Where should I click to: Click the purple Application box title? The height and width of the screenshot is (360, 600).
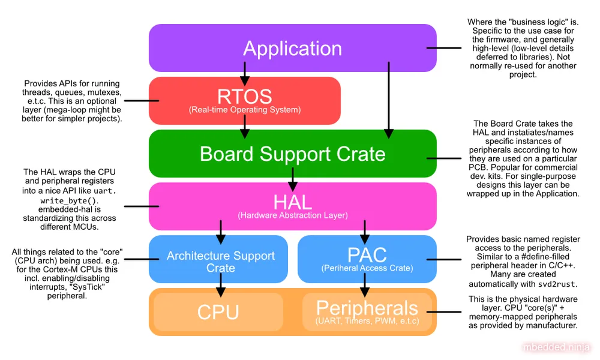point(292,49)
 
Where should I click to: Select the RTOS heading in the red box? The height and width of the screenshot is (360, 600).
point(245,97)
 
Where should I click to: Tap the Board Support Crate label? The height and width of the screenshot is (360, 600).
point(293,154)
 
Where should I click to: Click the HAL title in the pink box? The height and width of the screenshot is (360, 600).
point(293,202)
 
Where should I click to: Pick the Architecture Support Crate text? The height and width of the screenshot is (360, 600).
point(221,262)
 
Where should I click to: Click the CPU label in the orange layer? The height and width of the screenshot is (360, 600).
point(218,312)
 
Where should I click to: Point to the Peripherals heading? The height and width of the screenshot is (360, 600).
point(367,308)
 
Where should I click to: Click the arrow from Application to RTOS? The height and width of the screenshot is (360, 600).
point(245,73)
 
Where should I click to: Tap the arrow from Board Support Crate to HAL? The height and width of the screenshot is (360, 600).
point(293,178)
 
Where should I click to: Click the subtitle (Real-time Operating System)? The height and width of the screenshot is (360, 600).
point(245,110)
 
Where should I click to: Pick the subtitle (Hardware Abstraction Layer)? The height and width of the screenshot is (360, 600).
point(293,215)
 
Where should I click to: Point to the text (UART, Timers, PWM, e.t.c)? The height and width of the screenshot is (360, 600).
point(367,322)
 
